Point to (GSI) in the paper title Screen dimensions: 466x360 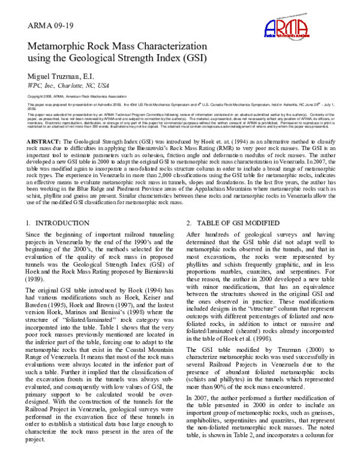click(191, 59)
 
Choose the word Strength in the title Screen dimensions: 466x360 click(137, 59)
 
